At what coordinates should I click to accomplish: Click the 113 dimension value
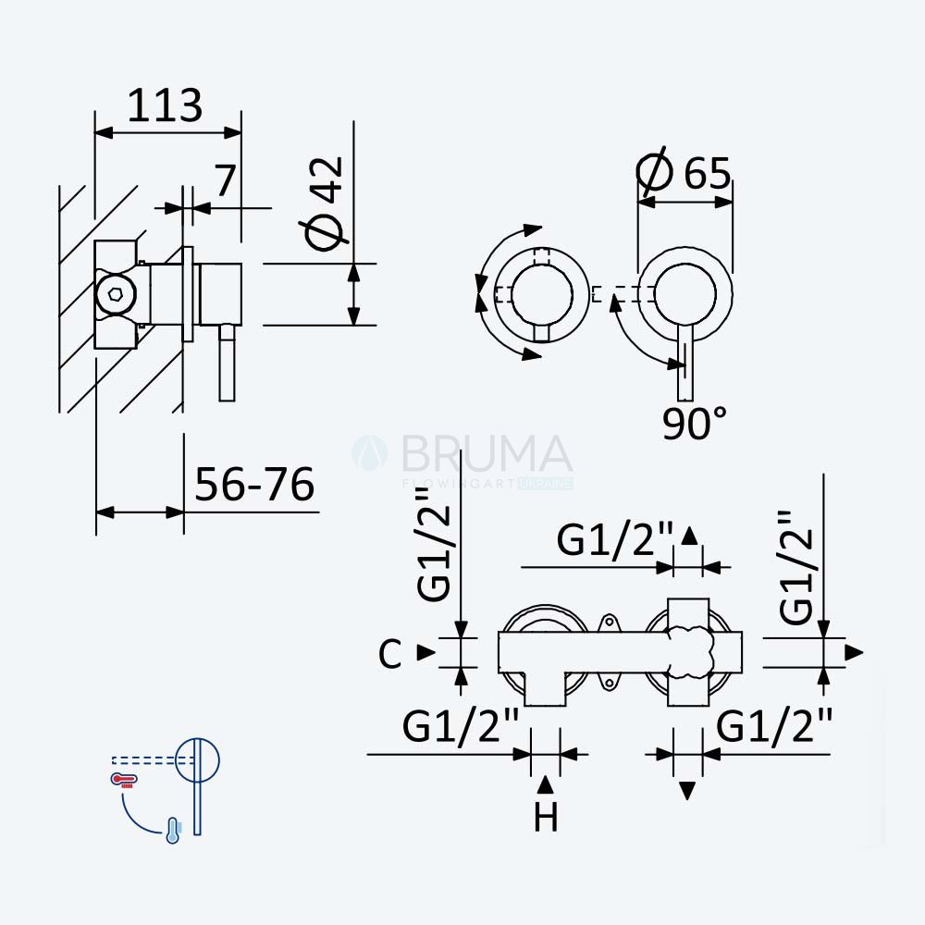165,105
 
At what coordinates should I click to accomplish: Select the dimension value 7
226,180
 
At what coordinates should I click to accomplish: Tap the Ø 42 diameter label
323,203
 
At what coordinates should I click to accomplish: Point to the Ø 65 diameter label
684,172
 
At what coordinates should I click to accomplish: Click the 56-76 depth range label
254,485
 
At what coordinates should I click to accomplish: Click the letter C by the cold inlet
390,653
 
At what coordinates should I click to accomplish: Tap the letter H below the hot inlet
546,818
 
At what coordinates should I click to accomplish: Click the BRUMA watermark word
487,453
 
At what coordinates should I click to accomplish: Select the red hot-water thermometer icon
124,780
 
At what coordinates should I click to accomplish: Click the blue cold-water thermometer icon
173,830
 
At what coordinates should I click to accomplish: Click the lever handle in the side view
228,363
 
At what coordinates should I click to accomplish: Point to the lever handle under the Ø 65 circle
684,363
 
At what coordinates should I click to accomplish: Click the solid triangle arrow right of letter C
425,652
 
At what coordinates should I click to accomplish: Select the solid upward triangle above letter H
546,784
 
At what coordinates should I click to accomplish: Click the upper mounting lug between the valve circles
609,623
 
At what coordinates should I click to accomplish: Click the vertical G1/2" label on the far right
795,567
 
